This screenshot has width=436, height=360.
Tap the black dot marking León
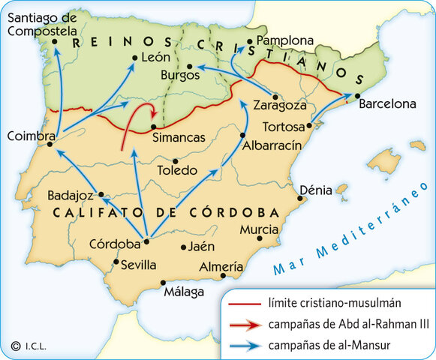[134, 58]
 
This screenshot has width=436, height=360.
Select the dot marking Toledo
[175, 160]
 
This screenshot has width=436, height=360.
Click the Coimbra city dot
[50, 145]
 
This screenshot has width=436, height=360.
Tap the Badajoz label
[70, 195]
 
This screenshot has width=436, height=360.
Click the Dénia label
[315, 190]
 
